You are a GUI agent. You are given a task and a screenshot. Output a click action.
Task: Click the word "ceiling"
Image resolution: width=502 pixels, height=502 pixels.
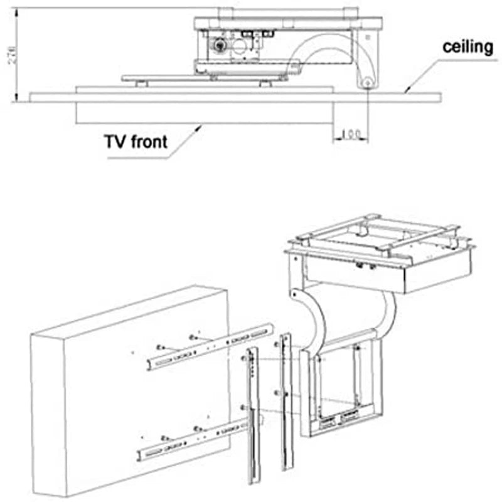pos(467,47)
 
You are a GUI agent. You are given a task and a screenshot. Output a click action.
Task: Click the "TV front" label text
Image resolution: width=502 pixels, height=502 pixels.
pos(136,141)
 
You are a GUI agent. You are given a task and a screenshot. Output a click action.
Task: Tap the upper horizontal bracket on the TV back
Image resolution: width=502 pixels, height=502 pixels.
pos(210,346)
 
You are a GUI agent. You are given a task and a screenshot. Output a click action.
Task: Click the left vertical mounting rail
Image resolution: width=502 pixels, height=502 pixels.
pos(252,414)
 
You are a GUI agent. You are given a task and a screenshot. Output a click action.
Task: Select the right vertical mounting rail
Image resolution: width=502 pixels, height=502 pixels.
pos(286,402)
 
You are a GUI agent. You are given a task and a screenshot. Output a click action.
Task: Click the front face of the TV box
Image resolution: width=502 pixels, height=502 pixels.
pos(144,402)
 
